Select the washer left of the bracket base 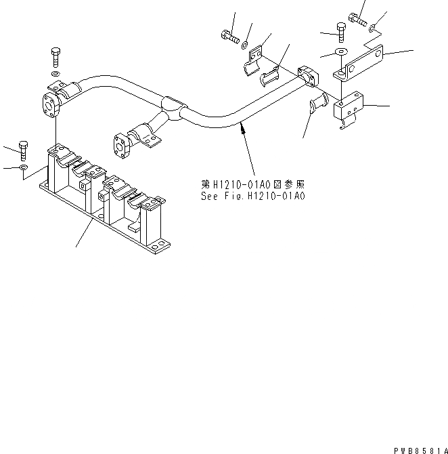pyautogui.click(x=24, y=167)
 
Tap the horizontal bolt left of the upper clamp pyautogui.click(x=229, y=37)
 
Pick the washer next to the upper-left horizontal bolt pyautogui.click(x=246, y=47)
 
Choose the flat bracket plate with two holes pyautogui.click(x=359, y=61)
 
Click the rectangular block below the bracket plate pyautogui.click(x=351, y=107)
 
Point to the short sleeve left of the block pyautogui.click(x=318, y=105)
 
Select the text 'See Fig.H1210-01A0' pyautogui.click(x=253, y=196)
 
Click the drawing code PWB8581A pyautogui.click(x=420, y=449)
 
